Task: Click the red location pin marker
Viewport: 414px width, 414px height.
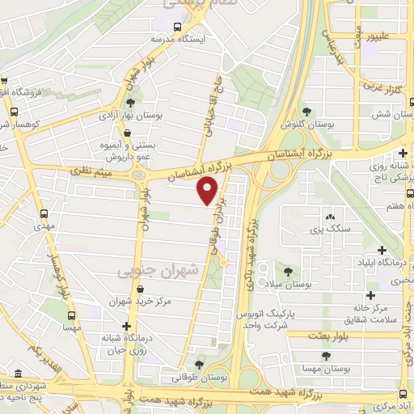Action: tap(208, 191)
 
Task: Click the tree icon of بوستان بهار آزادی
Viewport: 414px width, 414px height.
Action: tap(130, 103)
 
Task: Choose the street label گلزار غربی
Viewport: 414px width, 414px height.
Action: tap(384, 86)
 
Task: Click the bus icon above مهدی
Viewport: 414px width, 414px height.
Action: tap(44, 213)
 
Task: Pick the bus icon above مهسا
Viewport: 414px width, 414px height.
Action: tap(72, 315)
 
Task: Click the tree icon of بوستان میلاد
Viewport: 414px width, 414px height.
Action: tap(289, 272)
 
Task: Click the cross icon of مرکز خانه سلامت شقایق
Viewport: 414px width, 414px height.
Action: tap(370, 296)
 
